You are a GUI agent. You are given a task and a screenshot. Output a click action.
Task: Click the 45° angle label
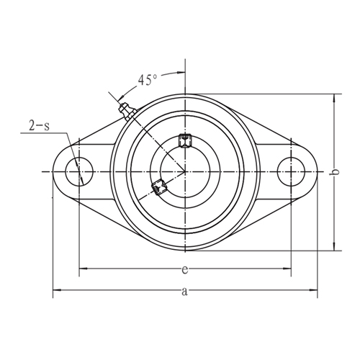pyautogui.click(x=149, y=80)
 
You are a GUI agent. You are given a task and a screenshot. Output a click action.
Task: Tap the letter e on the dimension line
pyautogui.click(x=184, y=270)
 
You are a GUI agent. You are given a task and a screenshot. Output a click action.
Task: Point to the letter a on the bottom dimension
pyautogui.click(x=184, y=292)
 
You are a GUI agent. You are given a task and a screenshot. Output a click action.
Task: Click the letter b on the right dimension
pyautogui.click(x=333, y=172)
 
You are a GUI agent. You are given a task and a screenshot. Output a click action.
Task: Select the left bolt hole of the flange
pyautogui.click(x=78, y=172)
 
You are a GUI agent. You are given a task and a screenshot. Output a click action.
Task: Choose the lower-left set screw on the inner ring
pyautogui.click(x=159, y=189)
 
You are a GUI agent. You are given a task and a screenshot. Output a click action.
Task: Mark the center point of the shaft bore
pyautogui.click(x=184, y=172)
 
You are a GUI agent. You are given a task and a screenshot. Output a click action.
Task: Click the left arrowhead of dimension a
pyautogui.click(x=56, y=291)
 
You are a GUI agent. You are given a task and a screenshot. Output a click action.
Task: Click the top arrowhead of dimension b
pyautogui.click(x=333, y=96)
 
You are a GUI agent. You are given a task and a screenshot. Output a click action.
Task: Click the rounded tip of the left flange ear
pyautogui.click(x=55, y=172)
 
